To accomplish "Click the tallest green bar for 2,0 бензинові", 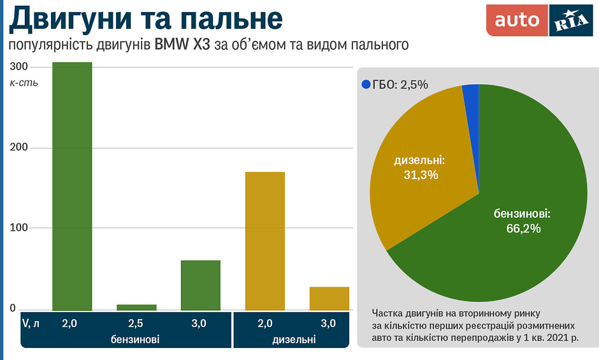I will tap(72, 186).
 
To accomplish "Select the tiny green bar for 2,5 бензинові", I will tap(136, 307).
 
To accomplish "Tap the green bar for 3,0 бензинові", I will tap(201, 285).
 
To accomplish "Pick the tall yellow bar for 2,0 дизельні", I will tap(265, 241).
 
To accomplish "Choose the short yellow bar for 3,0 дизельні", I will tap(329, 298).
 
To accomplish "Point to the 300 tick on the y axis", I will tap(19, 67).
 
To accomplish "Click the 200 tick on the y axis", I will tap(19, 148).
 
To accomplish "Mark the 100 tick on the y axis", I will tap(19, 228).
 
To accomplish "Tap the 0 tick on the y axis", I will tap(13, 308).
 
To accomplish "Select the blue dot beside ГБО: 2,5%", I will tap(366, 84).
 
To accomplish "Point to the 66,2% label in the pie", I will tap(523, 227).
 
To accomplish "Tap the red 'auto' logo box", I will tap(517, 20).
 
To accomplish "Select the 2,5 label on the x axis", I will tap(135, 324).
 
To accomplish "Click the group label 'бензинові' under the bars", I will tap(135, 339).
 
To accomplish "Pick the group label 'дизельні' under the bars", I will tap(294, 339).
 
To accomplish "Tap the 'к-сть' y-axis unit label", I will tap(24, 83).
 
